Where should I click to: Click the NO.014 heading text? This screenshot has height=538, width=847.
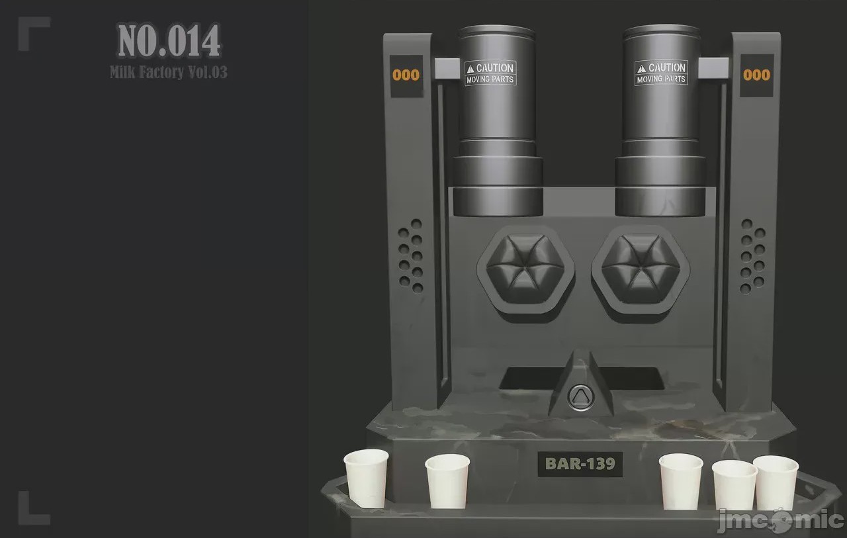tap(169, 40)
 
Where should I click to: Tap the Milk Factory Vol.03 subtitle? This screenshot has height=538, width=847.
tap(169, 72)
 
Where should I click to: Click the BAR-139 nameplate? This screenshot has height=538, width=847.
tap(580, 464)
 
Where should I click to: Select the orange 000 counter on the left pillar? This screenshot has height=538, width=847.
tap(406, 75)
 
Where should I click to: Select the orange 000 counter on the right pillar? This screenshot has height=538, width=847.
tap(756, 75)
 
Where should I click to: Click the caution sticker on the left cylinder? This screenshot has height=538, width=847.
tap(490, 73)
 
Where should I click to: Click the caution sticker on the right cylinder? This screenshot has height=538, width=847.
tap(661, 73)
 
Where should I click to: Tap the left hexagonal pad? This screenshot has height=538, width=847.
tap(525, 269)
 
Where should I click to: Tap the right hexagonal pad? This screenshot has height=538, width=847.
tap(641, 269)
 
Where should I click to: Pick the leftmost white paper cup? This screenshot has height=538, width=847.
tap(366, 478)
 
